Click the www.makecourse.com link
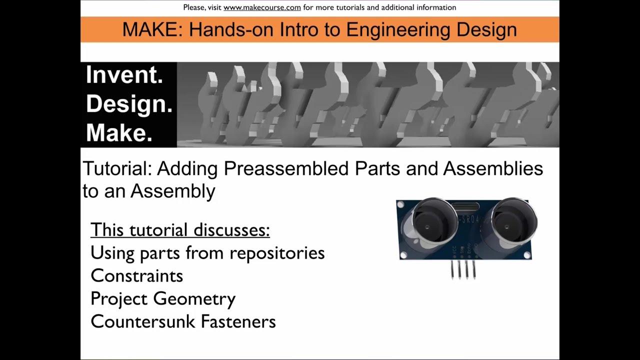[262, 7]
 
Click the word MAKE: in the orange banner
[152, 29]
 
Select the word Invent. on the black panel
[124, 75]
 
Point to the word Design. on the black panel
[129, 104]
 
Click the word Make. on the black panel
[119, 133]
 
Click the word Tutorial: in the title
[117, 169]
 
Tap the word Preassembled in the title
[286, 169]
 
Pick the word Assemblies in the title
[493, 169]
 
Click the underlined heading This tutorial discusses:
[180, 230]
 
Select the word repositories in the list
[277, 253]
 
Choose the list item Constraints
[137, 276]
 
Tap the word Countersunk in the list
[143, 321]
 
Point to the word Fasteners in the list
[238, 321]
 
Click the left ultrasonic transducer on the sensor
[428, 223]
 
